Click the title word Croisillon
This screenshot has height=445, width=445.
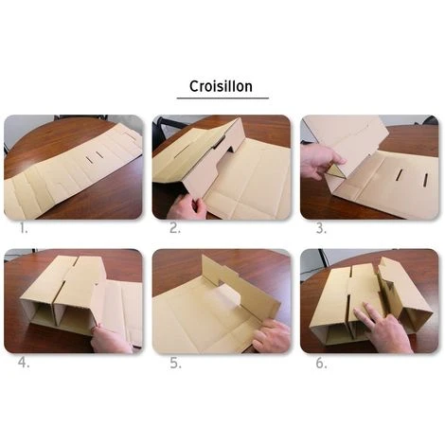(x=221, y=86)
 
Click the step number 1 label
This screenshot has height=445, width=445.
(x=24, y=228)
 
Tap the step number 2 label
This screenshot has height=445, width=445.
(x=175, y=228)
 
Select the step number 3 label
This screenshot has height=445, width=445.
(x=321, y=228)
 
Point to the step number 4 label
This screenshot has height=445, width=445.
(x=24, y=363)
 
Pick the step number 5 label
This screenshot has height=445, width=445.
(x=175, y=364)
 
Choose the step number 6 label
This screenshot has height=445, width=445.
(x=321, y=364)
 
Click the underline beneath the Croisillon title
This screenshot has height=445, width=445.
(x=222, y=98)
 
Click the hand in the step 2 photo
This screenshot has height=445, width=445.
(x=187, y=206)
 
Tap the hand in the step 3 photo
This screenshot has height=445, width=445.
(x=320, y=163)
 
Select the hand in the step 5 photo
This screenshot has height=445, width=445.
(x=271, y=335)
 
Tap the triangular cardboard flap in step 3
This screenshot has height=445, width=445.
(x=335, y=172)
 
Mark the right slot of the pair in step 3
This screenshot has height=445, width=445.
(x=425, y=180)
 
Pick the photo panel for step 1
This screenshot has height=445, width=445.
(x=73, y=168)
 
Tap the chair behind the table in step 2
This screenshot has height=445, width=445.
(x=168, y=125)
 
